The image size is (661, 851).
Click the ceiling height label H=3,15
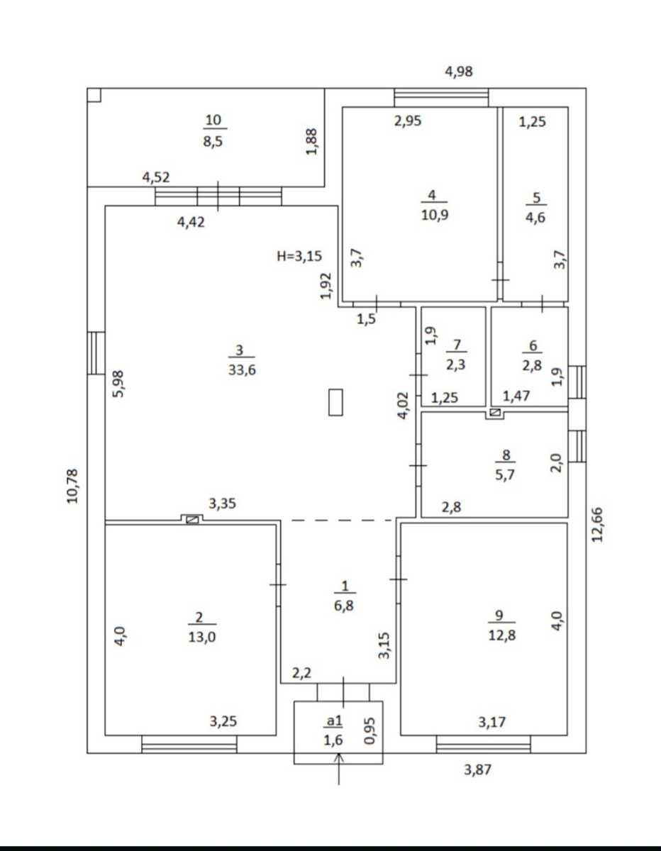(299, 256)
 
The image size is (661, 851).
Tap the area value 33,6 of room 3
(242, 369)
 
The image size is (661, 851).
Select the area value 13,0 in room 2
(202, 637)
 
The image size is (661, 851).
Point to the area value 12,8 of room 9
(501, 635)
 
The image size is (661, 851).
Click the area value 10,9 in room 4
(435, 215)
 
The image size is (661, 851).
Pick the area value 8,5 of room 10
(213, 141)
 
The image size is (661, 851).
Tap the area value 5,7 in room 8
(505, 475)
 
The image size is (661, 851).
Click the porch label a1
(335, 721)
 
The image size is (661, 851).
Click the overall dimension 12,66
(597, 525)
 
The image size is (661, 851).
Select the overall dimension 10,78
(73, 486)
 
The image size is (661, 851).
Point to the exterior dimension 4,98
(459, 72)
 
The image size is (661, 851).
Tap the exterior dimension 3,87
(477, 770)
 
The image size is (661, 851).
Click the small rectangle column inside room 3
(335, 402)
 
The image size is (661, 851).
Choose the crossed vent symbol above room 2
(192, 520)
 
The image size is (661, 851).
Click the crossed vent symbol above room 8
(495, 412)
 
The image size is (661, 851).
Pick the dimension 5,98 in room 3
(118, 384)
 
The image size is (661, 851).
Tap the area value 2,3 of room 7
(456, 365)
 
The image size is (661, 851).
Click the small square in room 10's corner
(94, 95)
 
